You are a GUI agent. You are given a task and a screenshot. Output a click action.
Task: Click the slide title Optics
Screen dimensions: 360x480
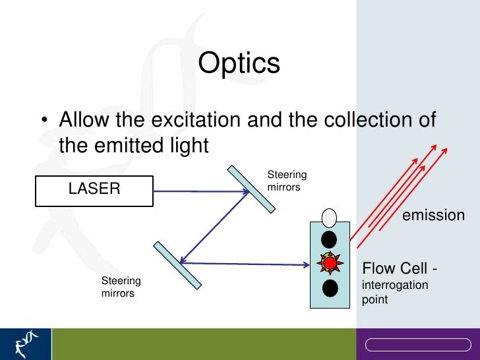[x=239, y=63]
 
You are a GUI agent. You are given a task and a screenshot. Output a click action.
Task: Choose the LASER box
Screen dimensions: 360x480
[x=94, y=190]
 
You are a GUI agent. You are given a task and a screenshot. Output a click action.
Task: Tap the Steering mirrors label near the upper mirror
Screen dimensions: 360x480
[x=286, y=181]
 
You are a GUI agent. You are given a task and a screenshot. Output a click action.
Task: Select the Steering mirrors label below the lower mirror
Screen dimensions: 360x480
[x=120, y=287]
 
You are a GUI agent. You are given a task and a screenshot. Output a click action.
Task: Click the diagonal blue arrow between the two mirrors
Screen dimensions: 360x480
[x=214, y=227]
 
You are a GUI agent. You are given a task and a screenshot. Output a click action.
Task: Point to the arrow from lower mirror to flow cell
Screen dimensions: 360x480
[x=251, y=264]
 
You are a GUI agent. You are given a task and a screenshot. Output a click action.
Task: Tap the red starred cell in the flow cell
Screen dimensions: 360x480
[x=330, y=264]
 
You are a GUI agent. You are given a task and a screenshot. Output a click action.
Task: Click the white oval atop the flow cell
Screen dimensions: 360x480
[x=329, y=217]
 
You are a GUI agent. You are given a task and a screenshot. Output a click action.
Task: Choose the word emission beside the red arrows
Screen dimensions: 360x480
[x=433, y=216]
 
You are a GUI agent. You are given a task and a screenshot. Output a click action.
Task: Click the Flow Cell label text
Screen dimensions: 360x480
[x=400, y=269]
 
